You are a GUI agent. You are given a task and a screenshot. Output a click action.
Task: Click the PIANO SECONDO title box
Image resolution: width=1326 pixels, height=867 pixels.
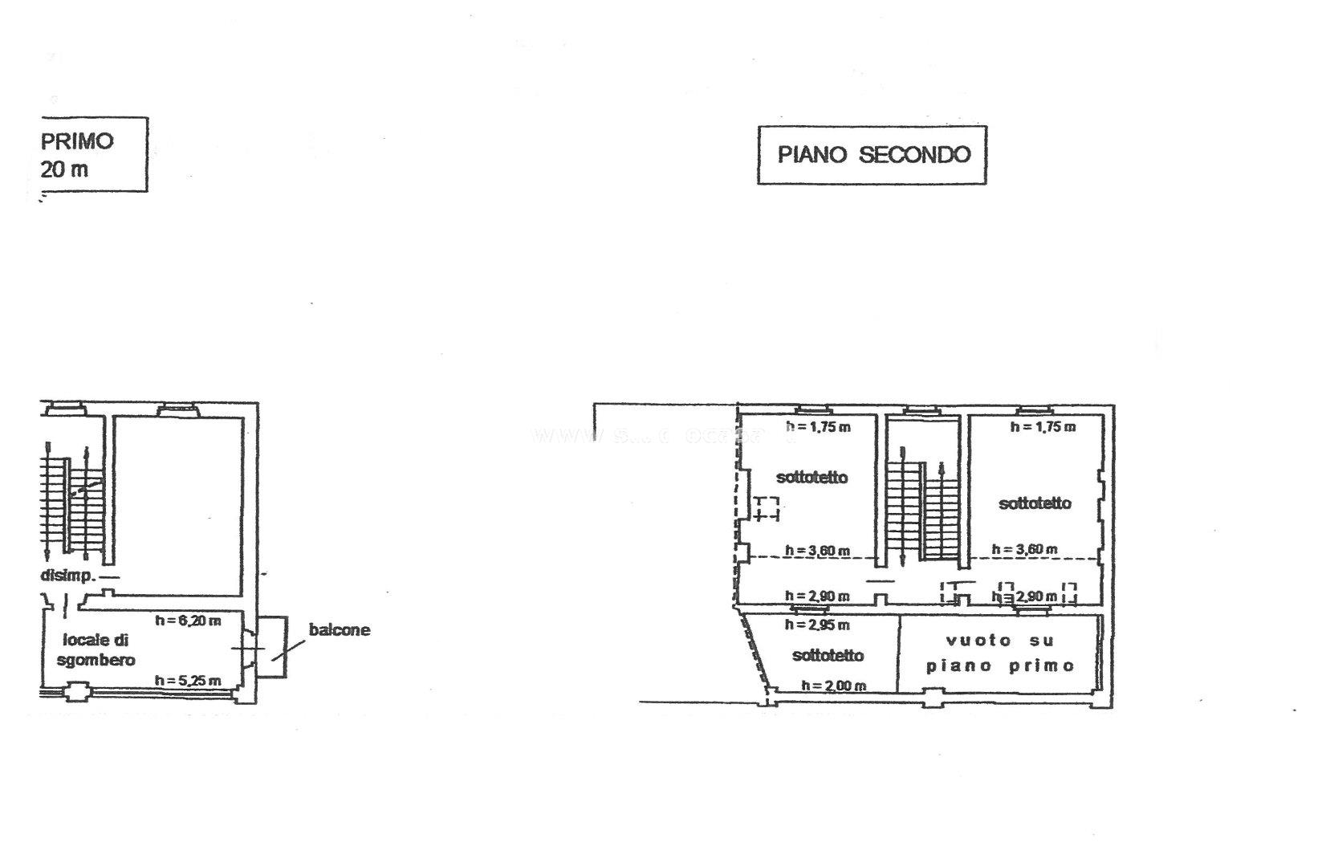point(872,154)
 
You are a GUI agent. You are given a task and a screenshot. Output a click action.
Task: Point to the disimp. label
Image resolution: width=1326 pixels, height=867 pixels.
point(68,576)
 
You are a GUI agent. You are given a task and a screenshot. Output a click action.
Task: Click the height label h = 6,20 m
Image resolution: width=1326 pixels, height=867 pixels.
point(188,620)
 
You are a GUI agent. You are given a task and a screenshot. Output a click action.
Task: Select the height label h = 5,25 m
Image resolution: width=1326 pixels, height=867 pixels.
point(188,681)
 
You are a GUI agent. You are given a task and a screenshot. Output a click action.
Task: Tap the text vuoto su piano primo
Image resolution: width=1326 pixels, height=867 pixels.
point(999,653)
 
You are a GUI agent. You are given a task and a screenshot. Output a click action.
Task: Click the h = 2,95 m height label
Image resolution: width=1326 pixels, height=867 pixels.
point(817,625)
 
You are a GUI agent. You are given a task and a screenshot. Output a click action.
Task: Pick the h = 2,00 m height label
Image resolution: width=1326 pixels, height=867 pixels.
point(833,686)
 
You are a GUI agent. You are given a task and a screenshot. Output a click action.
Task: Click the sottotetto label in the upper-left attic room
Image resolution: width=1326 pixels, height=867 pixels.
point(811,477)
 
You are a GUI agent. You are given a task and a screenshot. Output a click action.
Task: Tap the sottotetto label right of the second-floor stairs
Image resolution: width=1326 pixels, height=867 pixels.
point(1035,503)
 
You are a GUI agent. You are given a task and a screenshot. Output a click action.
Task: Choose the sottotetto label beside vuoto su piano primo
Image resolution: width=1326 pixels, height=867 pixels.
point(828,655)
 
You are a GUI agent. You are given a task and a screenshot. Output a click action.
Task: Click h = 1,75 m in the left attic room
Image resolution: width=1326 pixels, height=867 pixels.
point(817,427)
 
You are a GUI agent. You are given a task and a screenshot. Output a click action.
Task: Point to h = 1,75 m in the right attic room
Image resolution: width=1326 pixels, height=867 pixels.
point(1043,427)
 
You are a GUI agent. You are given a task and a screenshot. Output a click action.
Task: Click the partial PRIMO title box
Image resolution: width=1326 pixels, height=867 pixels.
point(93,154)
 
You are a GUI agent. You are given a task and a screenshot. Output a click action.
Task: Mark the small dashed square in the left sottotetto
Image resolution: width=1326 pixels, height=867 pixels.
point(766,509)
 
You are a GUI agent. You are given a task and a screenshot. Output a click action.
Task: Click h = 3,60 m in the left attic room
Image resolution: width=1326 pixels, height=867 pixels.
point(817,551)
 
